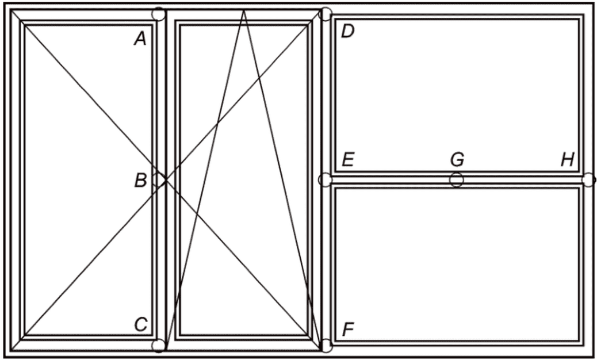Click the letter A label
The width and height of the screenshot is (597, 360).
(140, 39)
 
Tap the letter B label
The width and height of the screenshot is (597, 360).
(140, 181)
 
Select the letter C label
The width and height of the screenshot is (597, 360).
(140, 325)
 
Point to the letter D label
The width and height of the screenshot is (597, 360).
(347, 31)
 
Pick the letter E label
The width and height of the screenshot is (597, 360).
(347, 160)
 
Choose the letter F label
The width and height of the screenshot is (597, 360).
(347, 330)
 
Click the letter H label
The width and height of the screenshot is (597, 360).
(568, 160)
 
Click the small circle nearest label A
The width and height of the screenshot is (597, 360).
(158, 14)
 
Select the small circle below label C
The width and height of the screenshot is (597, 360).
(158, 345)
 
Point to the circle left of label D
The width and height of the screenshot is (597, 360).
(326, 14)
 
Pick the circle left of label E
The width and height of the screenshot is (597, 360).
(325, 180)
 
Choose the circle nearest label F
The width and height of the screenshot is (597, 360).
(326, 345)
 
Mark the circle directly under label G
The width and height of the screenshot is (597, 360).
(456, 180)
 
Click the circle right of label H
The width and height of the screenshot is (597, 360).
(588, 180)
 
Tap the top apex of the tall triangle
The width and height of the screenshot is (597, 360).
(244, 10)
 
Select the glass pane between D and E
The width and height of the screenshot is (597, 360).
(457, 95)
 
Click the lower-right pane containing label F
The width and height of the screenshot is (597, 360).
(457, 265)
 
